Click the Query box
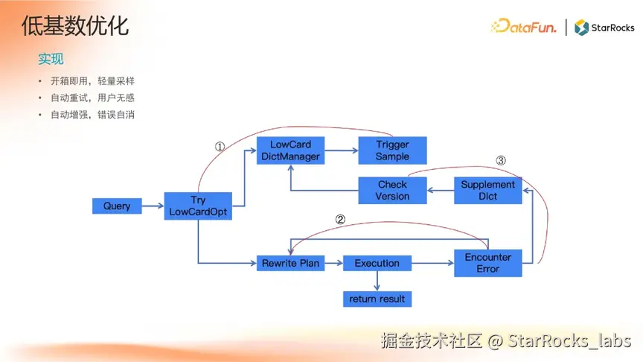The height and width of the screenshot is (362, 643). click(117, 206)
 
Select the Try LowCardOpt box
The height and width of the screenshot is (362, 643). click(198, 206)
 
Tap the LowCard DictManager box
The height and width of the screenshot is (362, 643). click(289, 150)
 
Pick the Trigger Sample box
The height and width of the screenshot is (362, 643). click(392, 150)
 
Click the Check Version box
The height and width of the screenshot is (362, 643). click(392, 190)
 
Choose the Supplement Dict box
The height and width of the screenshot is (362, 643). click(487, 190)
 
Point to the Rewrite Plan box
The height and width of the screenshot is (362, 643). click(290, 263)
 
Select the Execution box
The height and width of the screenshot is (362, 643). click(377, 263)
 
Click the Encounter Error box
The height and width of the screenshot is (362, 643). click(487, 263)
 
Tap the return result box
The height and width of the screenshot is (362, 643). click(377, 299)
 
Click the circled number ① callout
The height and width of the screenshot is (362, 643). click(220, 147)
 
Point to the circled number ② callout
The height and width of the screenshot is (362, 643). click(340, 220)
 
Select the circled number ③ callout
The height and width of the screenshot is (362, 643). click(501, 160)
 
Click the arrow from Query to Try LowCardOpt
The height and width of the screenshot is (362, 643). click(153, 206)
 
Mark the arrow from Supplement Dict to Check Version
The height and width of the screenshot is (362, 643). click(441, 190)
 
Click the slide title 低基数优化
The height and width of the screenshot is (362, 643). click(75, 27)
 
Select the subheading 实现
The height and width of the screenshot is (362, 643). click(51, 59)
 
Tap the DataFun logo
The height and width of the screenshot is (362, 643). click(523, 28)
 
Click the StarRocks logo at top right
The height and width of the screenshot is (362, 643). click(604, 28)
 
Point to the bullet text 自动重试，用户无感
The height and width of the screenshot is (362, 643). click(92, 98)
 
